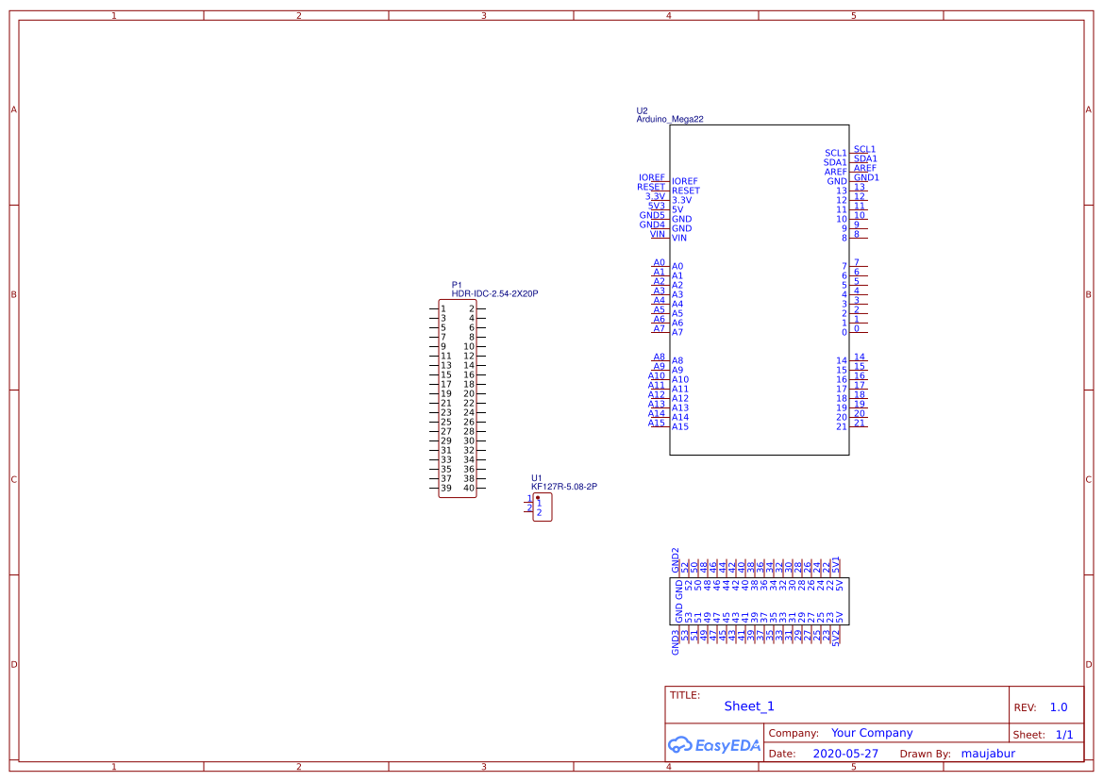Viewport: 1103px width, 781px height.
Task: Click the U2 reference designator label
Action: (x=642, y=110)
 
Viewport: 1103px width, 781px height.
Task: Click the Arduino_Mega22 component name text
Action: (x=670, y=120)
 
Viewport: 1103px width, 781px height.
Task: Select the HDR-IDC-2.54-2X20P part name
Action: (x=494, y=293)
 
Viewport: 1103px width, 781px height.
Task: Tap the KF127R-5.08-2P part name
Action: (x=564, y=487)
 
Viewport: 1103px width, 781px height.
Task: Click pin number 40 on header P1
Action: (x=468, y=488)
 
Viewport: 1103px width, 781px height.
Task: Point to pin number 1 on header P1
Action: (x=443, y=308)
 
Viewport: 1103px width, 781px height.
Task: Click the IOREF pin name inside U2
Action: (x=685, y=181)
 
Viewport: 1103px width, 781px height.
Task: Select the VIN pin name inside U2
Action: (x=679, y=238)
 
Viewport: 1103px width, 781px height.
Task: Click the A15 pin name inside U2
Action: (x=680, y=426)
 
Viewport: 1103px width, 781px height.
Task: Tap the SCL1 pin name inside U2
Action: (x=835, y=153)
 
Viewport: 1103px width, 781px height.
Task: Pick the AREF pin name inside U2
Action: (x=835, y=172)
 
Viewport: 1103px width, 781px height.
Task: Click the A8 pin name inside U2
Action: (x=677, y=360)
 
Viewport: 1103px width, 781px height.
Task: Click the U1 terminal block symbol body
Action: (x=543, y=507)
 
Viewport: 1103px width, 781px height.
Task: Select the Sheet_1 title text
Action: (x=749, y=706)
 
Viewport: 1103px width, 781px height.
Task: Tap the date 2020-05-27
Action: (x=845, y=754)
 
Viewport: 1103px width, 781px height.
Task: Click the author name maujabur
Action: (x=987, y=754)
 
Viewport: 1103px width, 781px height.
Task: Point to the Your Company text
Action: (x=872, y=733)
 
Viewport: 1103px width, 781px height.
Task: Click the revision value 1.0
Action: (x=1059, y=707)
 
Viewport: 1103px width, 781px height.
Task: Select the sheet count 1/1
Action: (x=1063, y=734)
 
